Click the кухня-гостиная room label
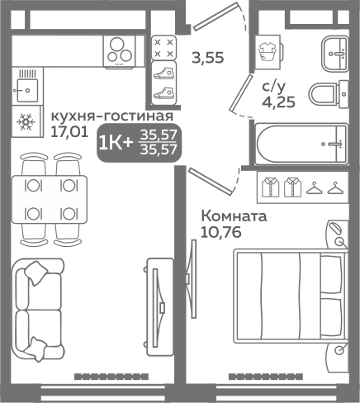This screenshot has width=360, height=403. pyautogui.click(x=111, y=116)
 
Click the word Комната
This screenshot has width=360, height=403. pyautogui.click(x=234, y=217)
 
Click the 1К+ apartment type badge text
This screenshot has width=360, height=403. pyautogui.click(x=115, y=143)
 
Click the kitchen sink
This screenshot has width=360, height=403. pyautogui.click(x=30, y=84)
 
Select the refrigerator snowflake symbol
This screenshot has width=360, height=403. pyautogui.click(x=28, y=122)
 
